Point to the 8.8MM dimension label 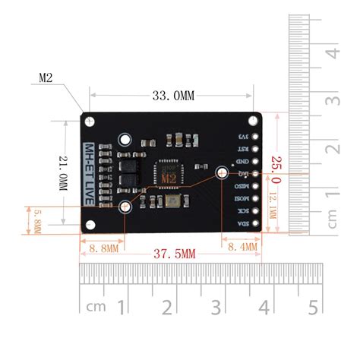point(103,248)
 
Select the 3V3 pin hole point(256,137)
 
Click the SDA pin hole point(256,222)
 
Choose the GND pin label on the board point(242,161)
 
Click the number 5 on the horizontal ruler point(312,308)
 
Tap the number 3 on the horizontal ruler point(217,308)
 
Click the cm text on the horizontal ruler point(96,308)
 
